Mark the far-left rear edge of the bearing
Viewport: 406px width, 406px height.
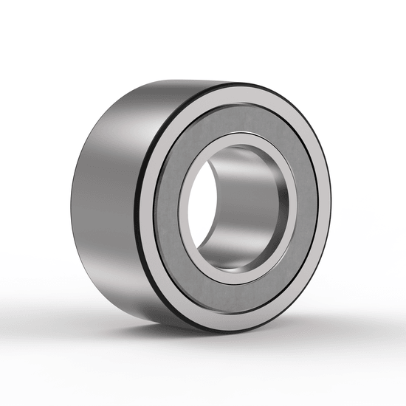[x=73, y=196]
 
